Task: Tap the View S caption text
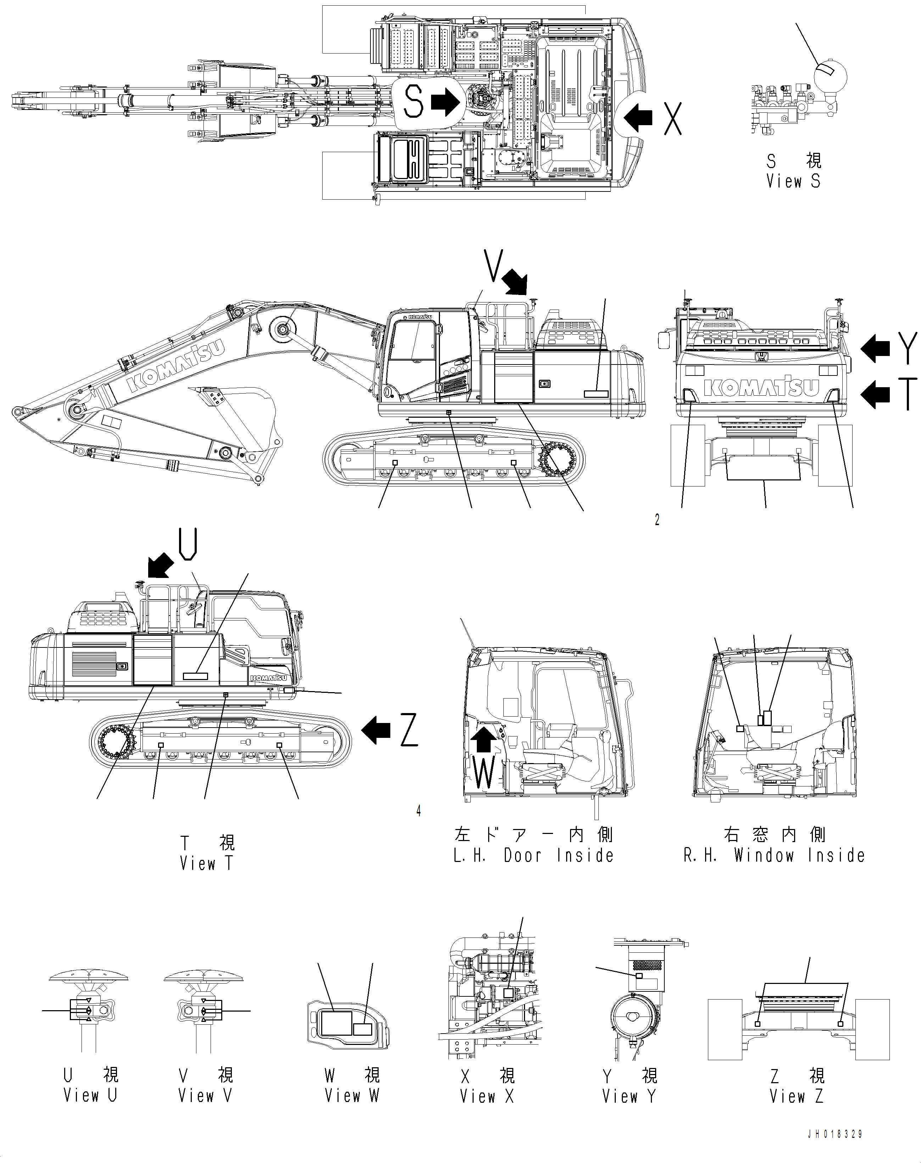coord(793,181)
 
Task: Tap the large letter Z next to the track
coord(409,731)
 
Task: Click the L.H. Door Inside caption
coord(533,856)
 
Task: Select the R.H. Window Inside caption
coord(774,856)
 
